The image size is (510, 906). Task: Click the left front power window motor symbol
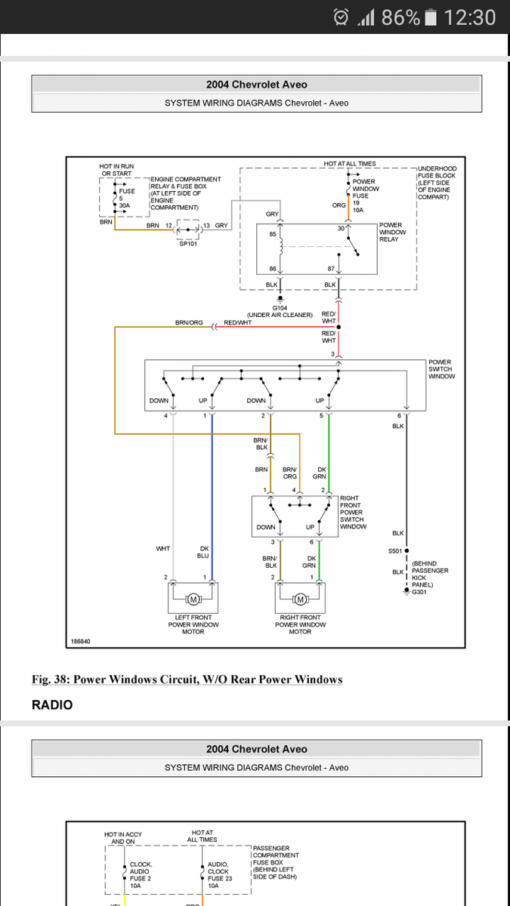click(x=193, y=599)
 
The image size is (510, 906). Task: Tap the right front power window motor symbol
click(x=300, y=599)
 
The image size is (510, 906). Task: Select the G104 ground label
click(x=280, y=308)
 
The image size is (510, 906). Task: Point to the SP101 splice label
click(x=188, y=243)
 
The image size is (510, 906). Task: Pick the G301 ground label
click(x=419, y=592)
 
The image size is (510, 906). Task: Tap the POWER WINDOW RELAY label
click(x=392, y=232)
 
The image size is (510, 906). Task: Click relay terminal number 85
click(x=273, y=234)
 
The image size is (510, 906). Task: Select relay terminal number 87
click(x=330, y=269)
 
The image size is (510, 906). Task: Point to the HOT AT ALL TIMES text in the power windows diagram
click(x=350, y=164)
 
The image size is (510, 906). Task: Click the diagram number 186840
click(x=81, y=641)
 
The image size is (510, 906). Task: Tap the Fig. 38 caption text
click(x=187, y=679)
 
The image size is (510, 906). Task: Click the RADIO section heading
click(x=52, y=705)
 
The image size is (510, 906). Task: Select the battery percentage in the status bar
click(x=400, y=17)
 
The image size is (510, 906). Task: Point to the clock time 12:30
click(x=470, y=17)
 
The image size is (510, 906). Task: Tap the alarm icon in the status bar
click(x=341, y=17)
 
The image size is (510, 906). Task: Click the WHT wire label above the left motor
click(x=163, y=549)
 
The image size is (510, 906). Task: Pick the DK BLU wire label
click(x=204, y=552)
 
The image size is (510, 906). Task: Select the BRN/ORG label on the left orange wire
click(x=189, y=322)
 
